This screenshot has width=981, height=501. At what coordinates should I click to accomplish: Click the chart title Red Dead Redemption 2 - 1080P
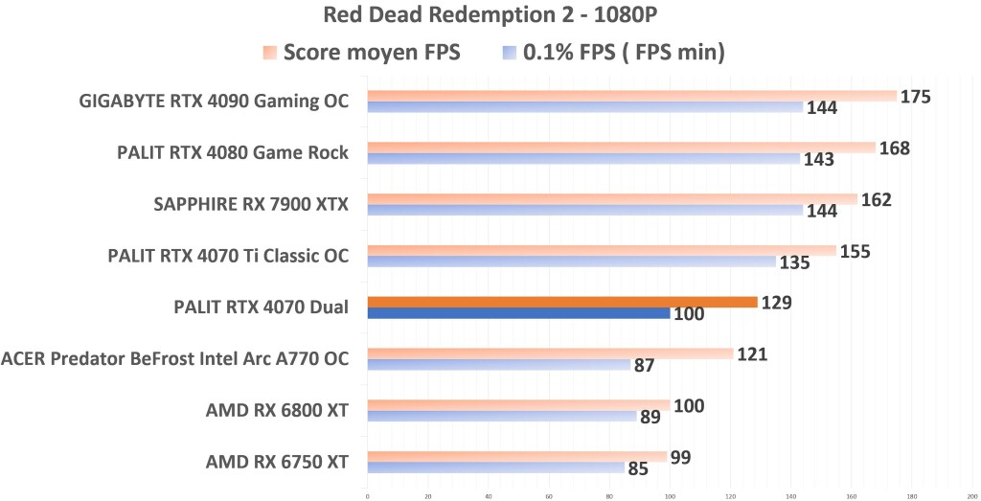point(490,16)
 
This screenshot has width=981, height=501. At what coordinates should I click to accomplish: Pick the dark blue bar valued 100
point(518,312)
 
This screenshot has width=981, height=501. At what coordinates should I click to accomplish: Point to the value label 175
point(916,97)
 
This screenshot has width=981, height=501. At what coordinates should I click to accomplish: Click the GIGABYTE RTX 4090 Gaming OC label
point(214,102)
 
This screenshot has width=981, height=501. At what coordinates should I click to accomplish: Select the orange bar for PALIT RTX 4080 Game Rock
point(621,148)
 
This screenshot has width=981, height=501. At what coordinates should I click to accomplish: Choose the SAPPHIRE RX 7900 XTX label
point(251,204)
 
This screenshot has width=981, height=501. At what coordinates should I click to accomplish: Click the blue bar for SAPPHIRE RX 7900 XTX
point(584,210)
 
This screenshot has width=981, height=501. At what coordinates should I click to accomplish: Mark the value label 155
point(854,251)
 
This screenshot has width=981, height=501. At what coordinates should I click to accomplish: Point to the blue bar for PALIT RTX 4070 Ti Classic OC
point(571,261)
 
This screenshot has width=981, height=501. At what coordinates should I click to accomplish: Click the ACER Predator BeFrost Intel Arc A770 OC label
point(175,359)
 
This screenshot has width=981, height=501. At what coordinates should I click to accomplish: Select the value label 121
point(751,354)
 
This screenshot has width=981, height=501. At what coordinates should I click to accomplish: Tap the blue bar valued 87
point(498,364)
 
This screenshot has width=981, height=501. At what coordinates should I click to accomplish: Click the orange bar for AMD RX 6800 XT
point(518,405)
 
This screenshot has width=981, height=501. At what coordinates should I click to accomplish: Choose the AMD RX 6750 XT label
point(277,463)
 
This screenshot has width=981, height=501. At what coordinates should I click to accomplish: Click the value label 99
point(681,457)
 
